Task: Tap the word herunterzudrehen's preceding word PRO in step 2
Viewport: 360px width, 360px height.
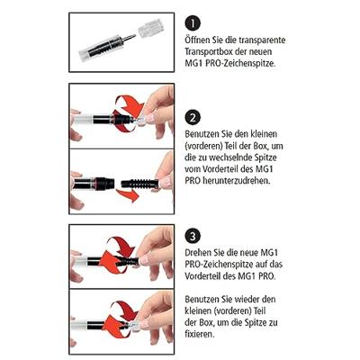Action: [x=197, y=205]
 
